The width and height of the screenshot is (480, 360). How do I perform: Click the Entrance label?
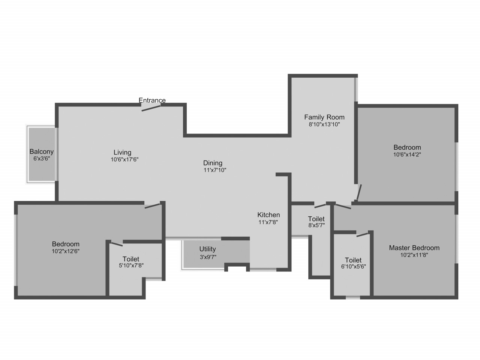[152, 100]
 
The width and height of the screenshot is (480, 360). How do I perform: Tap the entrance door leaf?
[151, 108]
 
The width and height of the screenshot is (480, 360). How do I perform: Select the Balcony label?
[42, 151]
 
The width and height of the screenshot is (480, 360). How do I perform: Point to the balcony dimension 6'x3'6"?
[42, 159]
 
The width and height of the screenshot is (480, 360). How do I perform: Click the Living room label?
[123, 152]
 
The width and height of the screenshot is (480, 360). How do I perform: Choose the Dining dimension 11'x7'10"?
[215, 170]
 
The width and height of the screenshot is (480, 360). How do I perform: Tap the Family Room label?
[324, 117]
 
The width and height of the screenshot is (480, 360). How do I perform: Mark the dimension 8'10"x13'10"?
[324, 124]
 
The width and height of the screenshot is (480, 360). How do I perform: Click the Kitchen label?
[268, 215]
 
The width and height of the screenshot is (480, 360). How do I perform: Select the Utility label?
[207, 249]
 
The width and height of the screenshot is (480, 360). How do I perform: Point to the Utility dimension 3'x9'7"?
[208, 257]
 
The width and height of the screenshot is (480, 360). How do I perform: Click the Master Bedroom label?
[414, 248]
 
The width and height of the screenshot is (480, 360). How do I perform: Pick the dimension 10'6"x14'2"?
[407, 154]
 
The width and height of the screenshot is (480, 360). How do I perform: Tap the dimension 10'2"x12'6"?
[65, 251]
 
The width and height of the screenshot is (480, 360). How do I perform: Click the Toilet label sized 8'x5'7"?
[316, 219]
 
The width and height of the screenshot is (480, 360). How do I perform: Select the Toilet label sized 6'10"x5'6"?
[353, 260]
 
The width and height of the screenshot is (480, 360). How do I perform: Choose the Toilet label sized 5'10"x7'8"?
[131, 259]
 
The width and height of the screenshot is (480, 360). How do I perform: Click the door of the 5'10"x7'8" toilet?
[117, 244]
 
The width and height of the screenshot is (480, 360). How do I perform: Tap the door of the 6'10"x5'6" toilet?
[363, 235]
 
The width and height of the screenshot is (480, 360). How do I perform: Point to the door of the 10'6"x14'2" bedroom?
[359, 192]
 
